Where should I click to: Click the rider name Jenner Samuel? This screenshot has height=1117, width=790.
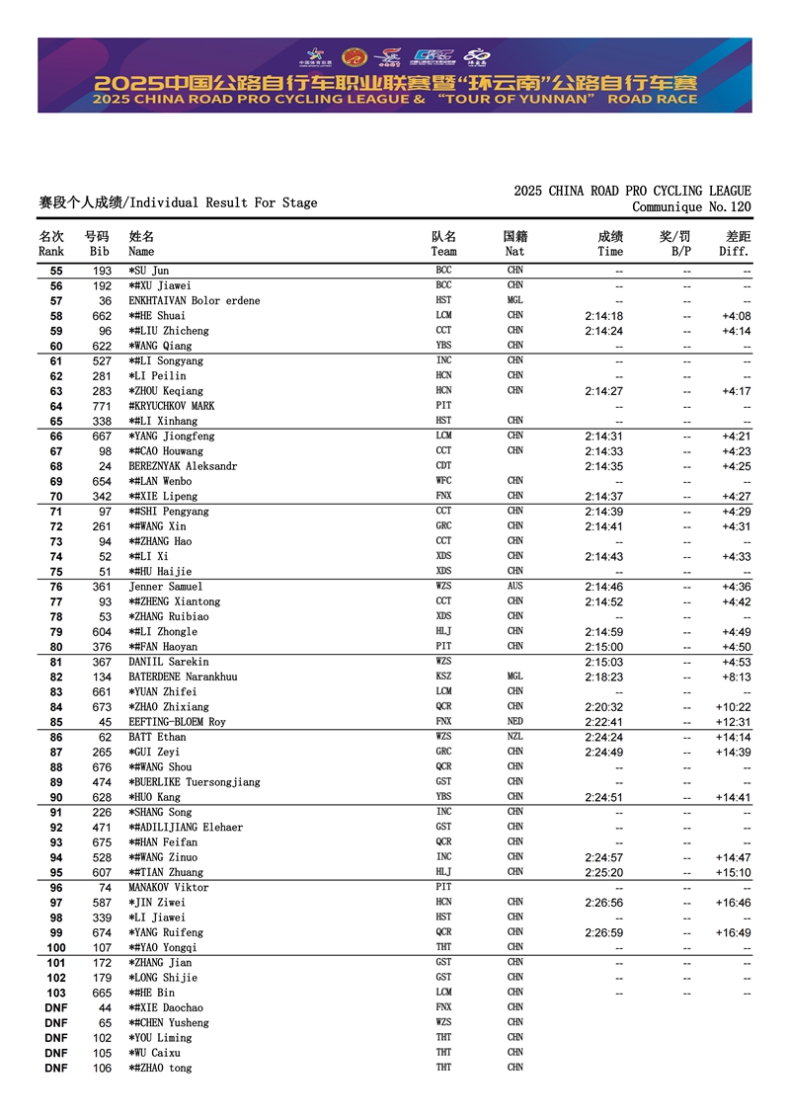point(165,587)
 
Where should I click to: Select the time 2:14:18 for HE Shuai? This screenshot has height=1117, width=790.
point(603,316)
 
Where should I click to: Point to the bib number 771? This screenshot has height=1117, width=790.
point(102,406)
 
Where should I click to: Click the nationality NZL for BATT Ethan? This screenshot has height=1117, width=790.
point(515,737)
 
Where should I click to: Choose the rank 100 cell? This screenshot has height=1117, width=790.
point(56,948)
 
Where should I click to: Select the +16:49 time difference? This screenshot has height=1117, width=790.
point(733,932)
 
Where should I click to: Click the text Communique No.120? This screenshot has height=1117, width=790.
point(691,206)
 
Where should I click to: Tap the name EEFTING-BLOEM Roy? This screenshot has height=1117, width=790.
point(177,722)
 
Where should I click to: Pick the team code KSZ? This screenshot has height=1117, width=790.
point(443,677)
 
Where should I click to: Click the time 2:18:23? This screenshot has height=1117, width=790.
point(603,678)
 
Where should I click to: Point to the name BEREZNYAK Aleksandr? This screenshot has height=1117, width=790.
point(183,466)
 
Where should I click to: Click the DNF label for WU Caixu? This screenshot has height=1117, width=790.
point(56,1053)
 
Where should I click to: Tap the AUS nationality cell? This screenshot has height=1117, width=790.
point(515,587)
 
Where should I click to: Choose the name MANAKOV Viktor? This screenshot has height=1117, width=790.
point(169,888)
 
